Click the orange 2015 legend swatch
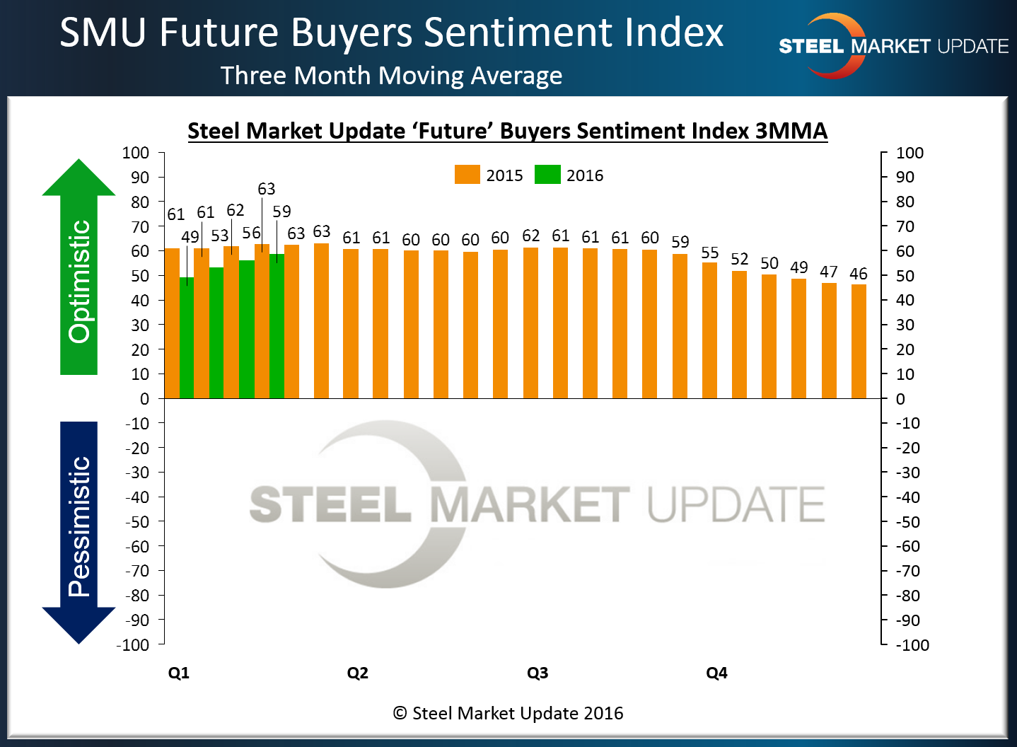[467, 175]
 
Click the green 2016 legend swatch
[547, 175]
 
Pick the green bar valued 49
[187, 340]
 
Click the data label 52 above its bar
[740, 260]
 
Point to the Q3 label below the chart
[537, 673]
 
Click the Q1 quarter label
[179, 673]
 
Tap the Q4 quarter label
[716, 673]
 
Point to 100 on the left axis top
[136, 153]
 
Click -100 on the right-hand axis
[912, 645]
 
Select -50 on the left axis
[137, 522]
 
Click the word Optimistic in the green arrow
[79, 282]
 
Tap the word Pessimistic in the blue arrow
[79, 526]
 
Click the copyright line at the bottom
[508, 713]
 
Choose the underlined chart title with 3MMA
[507, 131]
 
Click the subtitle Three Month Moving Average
[391, 76]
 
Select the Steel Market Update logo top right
[893, 46]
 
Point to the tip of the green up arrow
[79, 161]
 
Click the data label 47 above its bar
[829, 272]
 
